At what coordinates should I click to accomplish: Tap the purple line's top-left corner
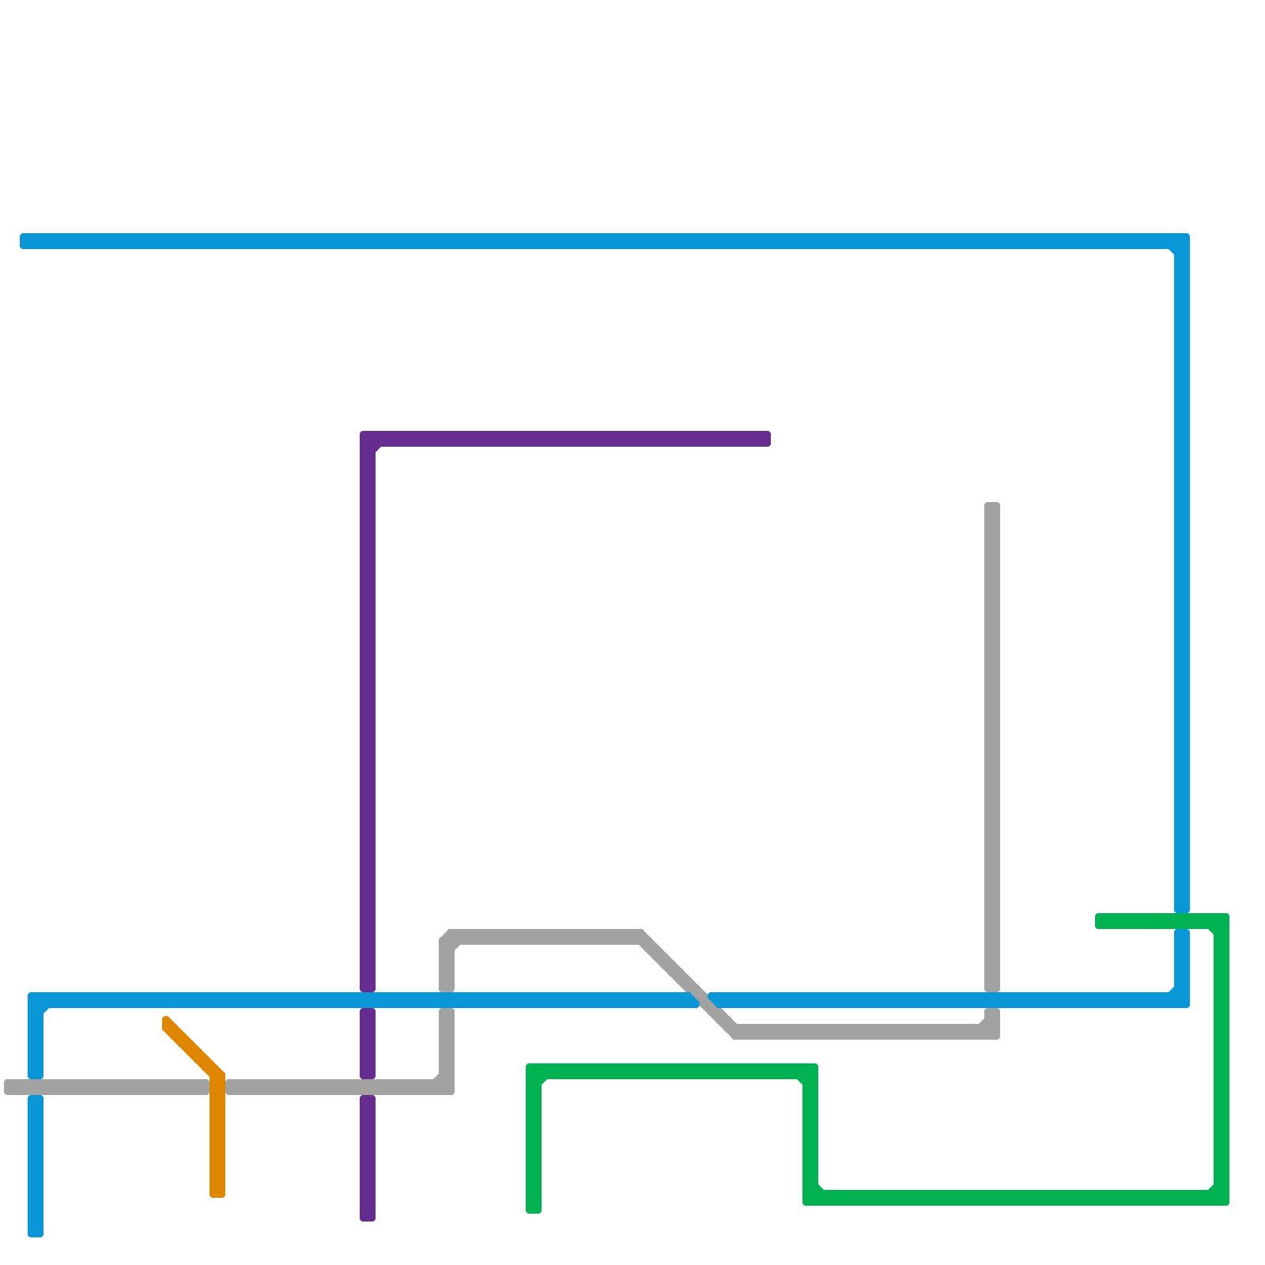368,439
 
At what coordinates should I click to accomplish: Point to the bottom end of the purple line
368,1216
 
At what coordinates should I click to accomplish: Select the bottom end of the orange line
217,1191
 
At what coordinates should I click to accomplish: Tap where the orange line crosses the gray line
217,1087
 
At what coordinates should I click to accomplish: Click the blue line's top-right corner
1182,241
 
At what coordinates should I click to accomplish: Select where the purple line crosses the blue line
368,1000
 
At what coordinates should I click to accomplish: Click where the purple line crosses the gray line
368,1087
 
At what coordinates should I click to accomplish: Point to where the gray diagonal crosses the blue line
704,1000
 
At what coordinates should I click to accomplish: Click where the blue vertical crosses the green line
1182,921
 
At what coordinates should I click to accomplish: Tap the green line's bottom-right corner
1222,1198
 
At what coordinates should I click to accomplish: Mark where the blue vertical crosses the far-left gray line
36,1087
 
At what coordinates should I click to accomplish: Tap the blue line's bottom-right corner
1182,1000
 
